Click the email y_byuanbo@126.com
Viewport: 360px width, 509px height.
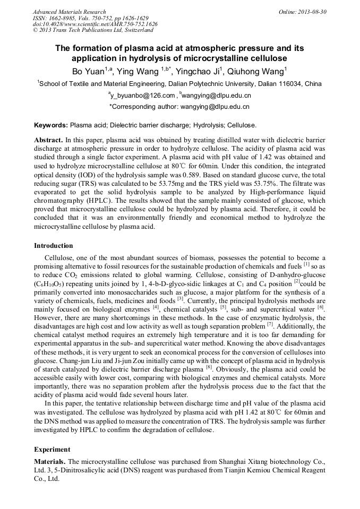click(x=142, y=96)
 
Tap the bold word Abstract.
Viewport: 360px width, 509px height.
click(x=48, y=139)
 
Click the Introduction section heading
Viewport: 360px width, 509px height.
click(x=54, y=246)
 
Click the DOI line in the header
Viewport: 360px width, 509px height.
click(x=95, y=24)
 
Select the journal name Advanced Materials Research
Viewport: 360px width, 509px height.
click(x=69, y=12)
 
